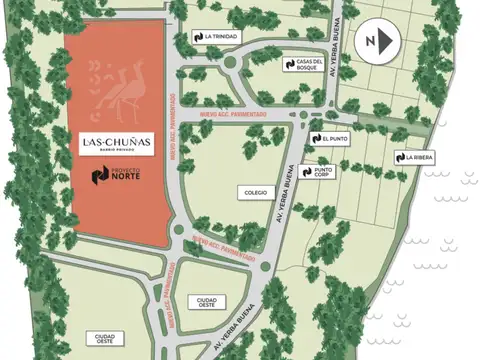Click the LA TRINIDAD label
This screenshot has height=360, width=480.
(216, 36)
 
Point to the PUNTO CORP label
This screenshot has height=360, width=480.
(317, 172)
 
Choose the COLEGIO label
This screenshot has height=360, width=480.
(253, 191)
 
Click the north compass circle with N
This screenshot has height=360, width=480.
(377, 40)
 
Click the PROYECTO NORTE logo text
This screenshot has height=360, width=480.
(117, 177)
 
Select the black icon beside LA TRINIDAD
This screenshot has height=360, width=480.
(199, 36)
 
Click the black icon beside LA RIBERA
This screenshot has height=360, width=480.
(399, 157)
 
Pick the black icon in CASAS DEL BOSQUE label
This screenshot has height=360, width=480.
(288, 63)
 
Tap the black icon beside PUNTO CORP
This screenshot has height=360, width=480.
(305, 172)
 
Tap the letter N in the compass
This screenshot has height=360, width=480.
(371, 40)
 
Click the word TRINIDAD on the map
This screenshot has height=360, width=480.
(223, 36)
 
